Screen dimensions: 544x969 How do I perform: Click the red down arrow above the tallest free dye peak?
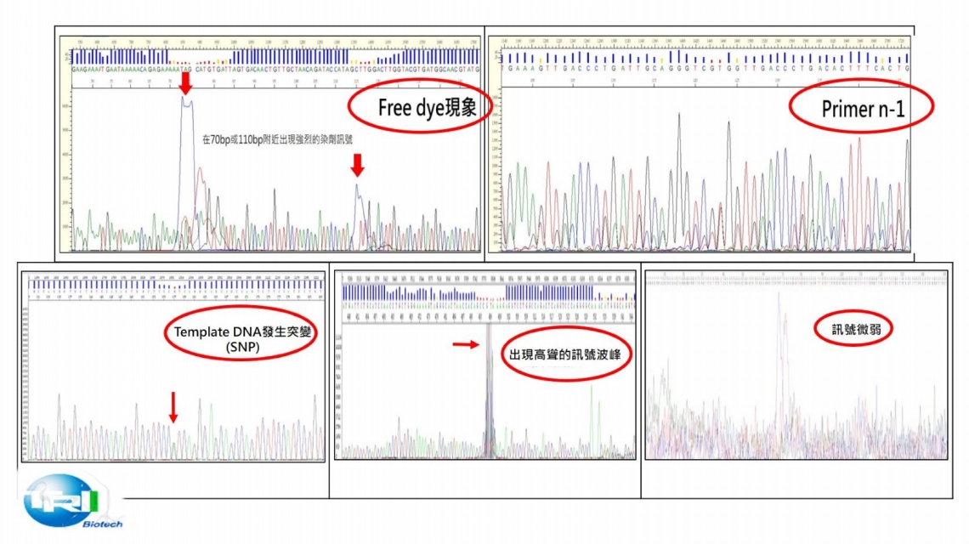pos(186,83)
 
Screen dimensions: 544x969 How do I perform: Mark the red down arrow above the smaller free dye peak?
pos(357,164)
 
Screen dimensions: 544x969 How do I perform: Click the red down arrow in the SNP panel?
pos(173,406)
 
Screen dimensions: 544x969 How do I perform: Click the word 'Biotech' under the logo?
pos(102,524)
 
